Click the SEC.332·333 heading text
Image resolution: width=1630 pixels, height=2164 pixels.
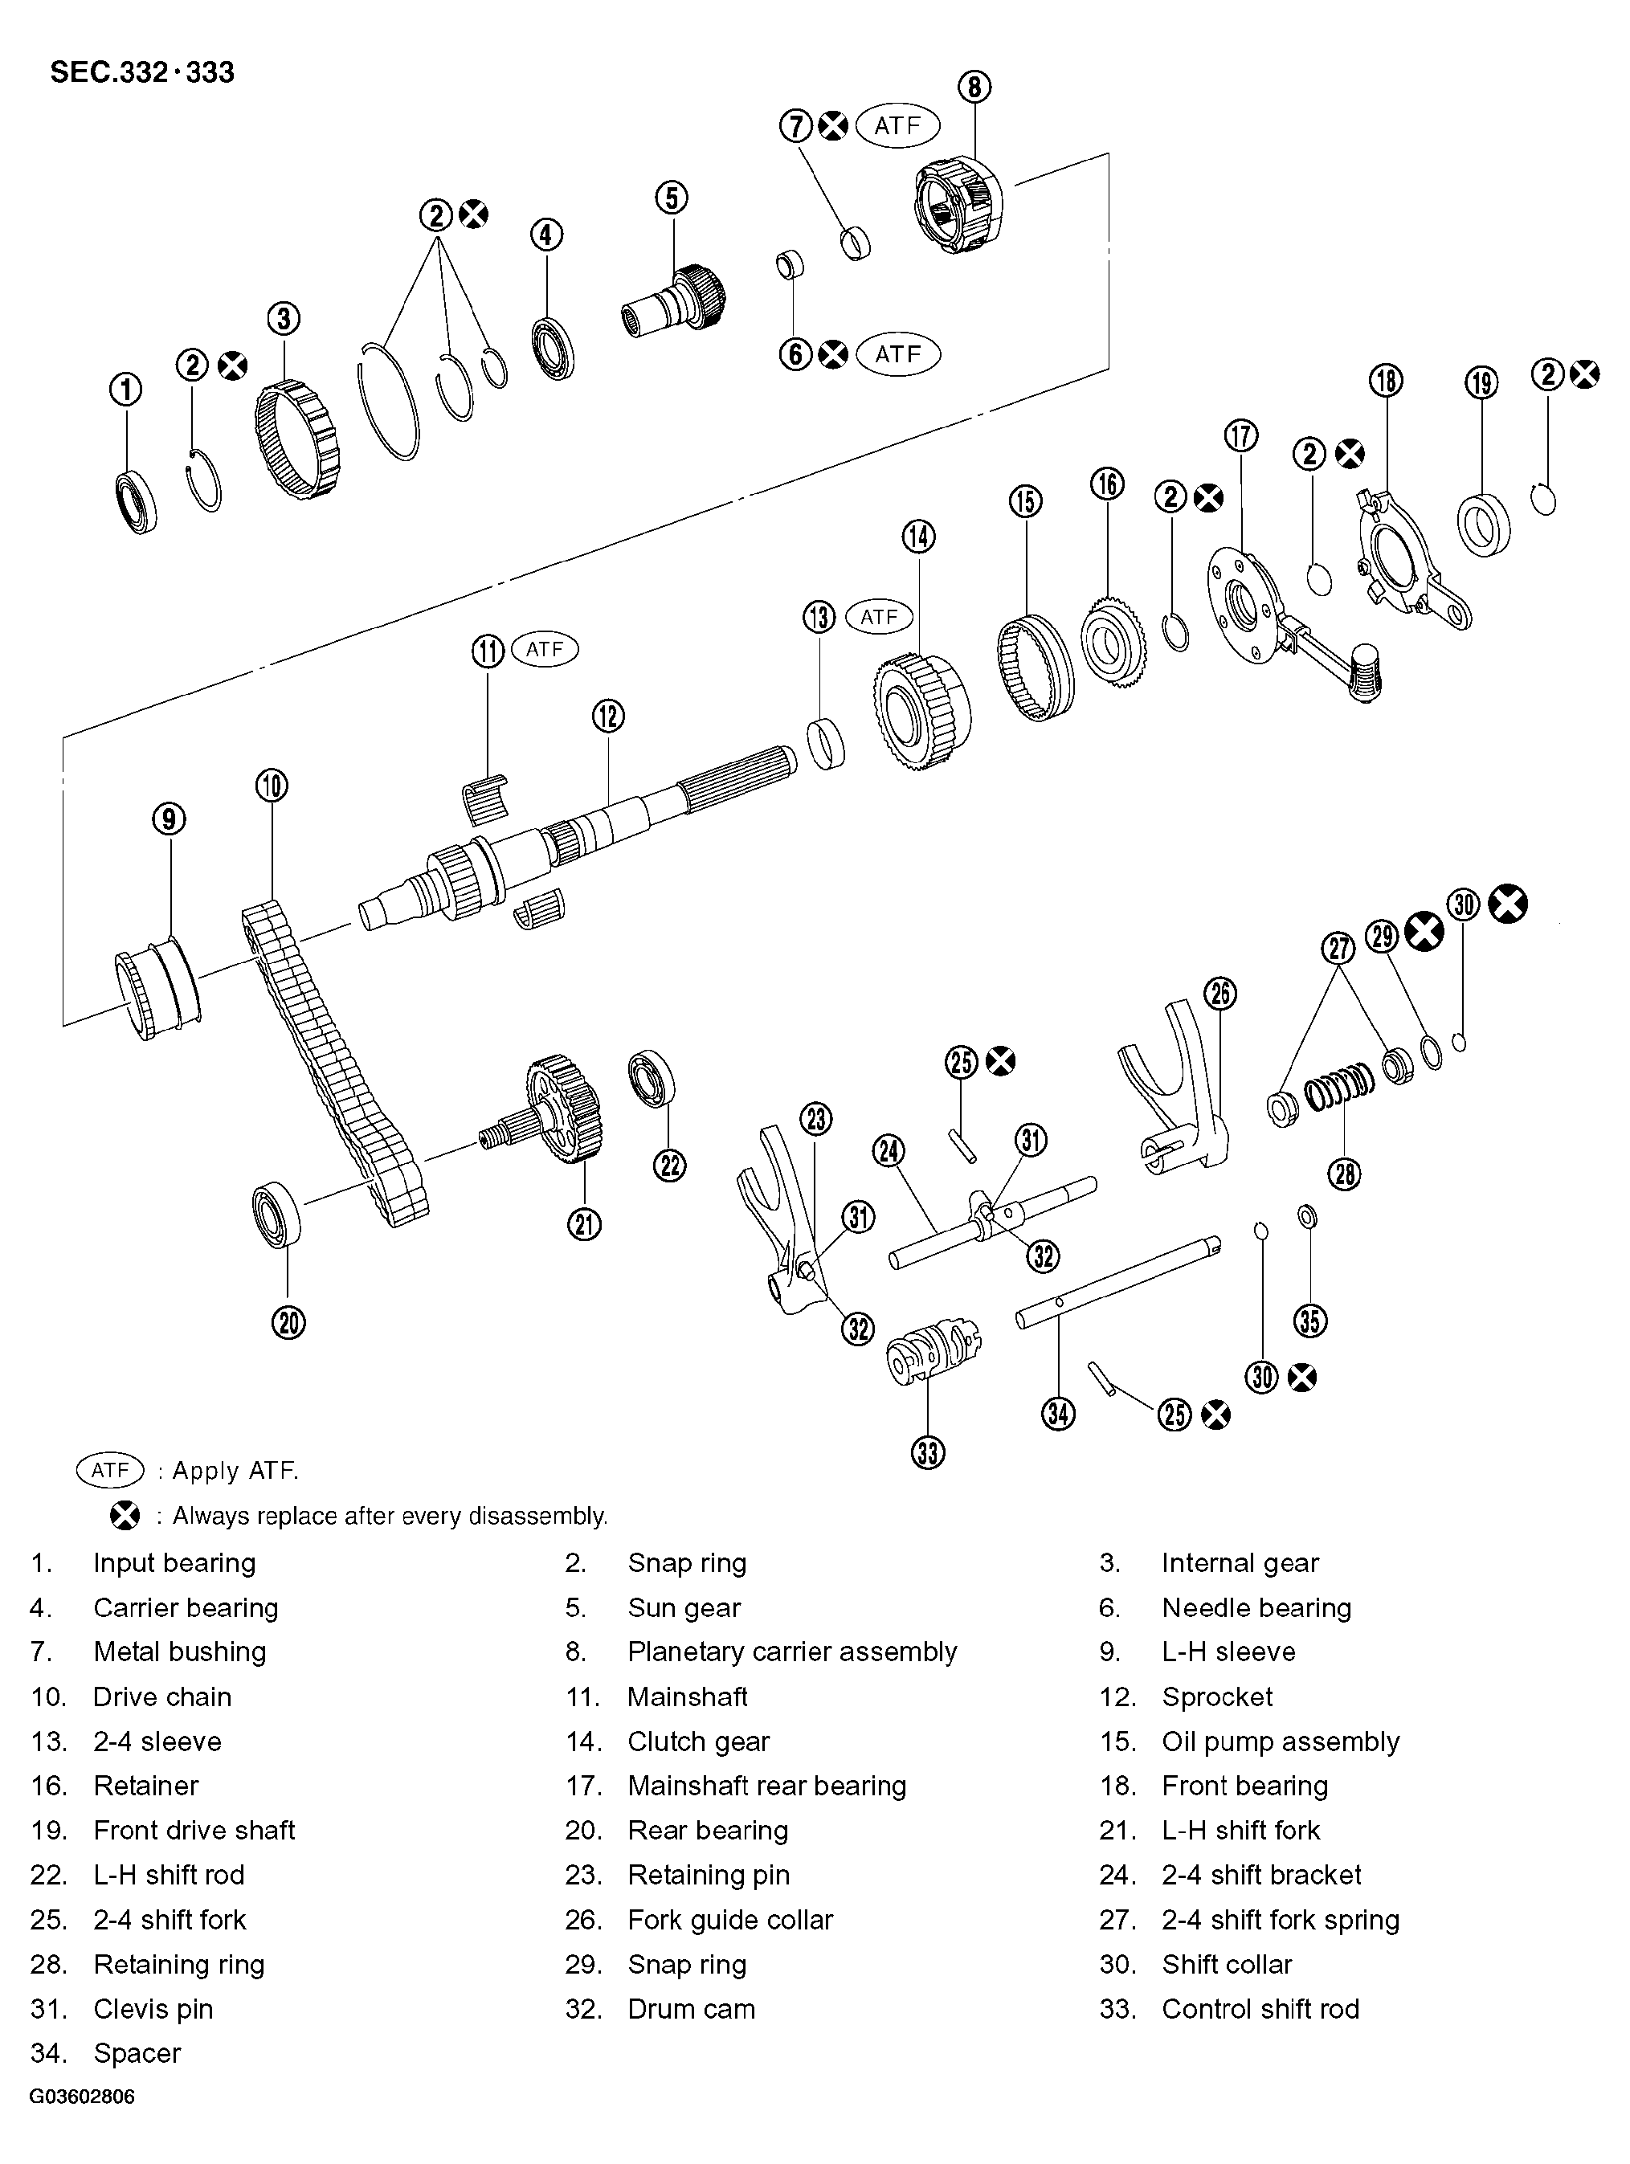coord(142,72)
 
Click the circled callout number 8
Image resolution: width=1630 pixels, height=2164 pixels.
coord(974,87)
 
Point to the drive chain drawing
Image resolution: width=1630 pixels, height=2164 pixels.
coord(333,1061)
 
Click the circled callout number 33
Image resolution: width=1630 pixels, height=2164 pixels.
coord(928,1452)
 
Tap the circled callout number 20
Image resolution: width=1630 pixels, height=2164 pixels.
coord(288,1323)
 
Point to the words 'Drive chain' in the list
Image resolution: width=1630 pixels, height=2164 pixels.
coord(162,1697)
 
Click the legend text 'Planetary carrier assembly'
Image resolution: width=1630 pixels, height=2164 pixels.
coord(791,1652)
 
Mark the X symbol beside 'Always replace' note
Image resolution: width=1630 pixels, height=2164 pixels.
coord(125,1517)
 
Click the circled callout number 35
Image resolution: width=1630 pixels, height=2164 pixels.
coord(1310,1321)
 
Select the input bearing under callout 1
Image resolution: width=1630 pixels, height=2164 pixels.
coord(135,502)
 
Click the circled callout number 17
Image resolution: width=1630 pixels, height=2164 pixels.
coord(1240,435)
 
